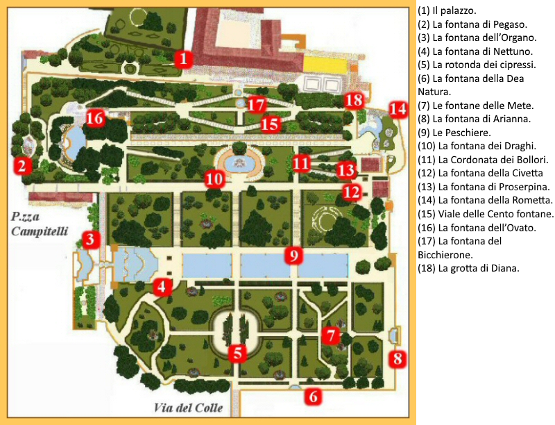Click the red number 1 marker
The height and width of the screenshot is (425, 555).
point(182,58)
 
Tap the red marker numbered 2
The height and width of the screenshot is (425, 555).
point(22,165)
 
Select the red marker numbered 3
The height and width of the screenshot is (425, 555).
point(90,240)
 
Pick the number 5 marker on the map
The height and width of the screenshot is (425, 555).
point(238,353)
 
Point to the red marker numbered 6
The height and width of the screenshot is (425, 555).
point(313,397)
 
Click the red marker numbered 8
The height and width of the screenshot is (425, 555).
point(397,358)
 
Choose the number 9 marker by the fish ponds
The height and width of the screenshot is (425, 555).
point(294,256)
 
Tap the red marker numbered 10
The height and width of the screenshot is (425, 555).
point(214,179)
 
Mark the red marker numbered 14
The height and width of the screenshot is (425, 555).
point(398,109)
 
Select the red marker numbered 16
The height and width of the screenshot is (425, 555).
point(95,118)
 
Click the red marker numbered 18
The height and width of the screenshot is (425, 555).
point(354,100)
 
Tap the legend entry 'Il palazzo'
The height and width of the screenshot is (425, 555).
point(446,12)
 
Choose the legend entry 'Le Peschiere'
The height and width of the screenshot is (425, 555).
point(446,132)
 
